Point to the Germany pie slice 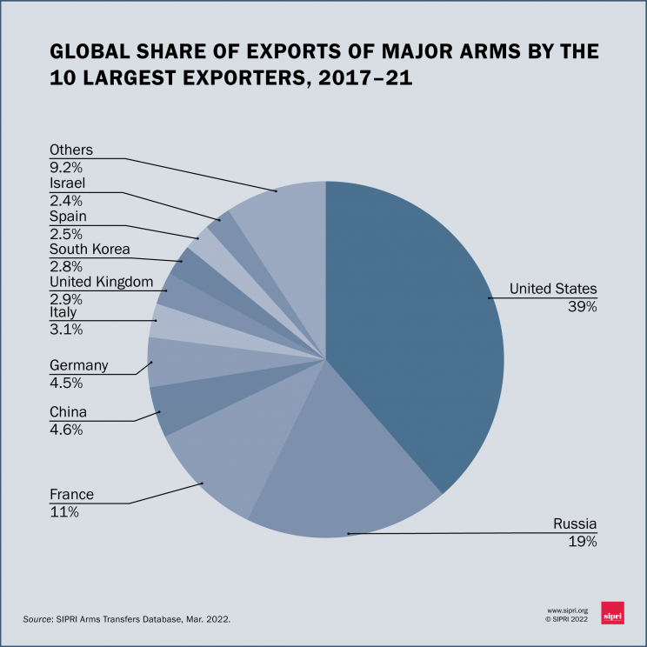[174, 361]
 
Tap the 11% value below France [64, 512]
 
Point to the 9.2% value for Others [67, 166]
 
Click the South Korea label [90, 250]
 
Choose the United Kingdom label [101, 282]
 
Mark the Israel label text [67, 183]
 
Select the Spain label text [68, 217]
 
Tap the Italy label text [63, 312]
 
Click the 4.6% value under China [67, 429]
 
